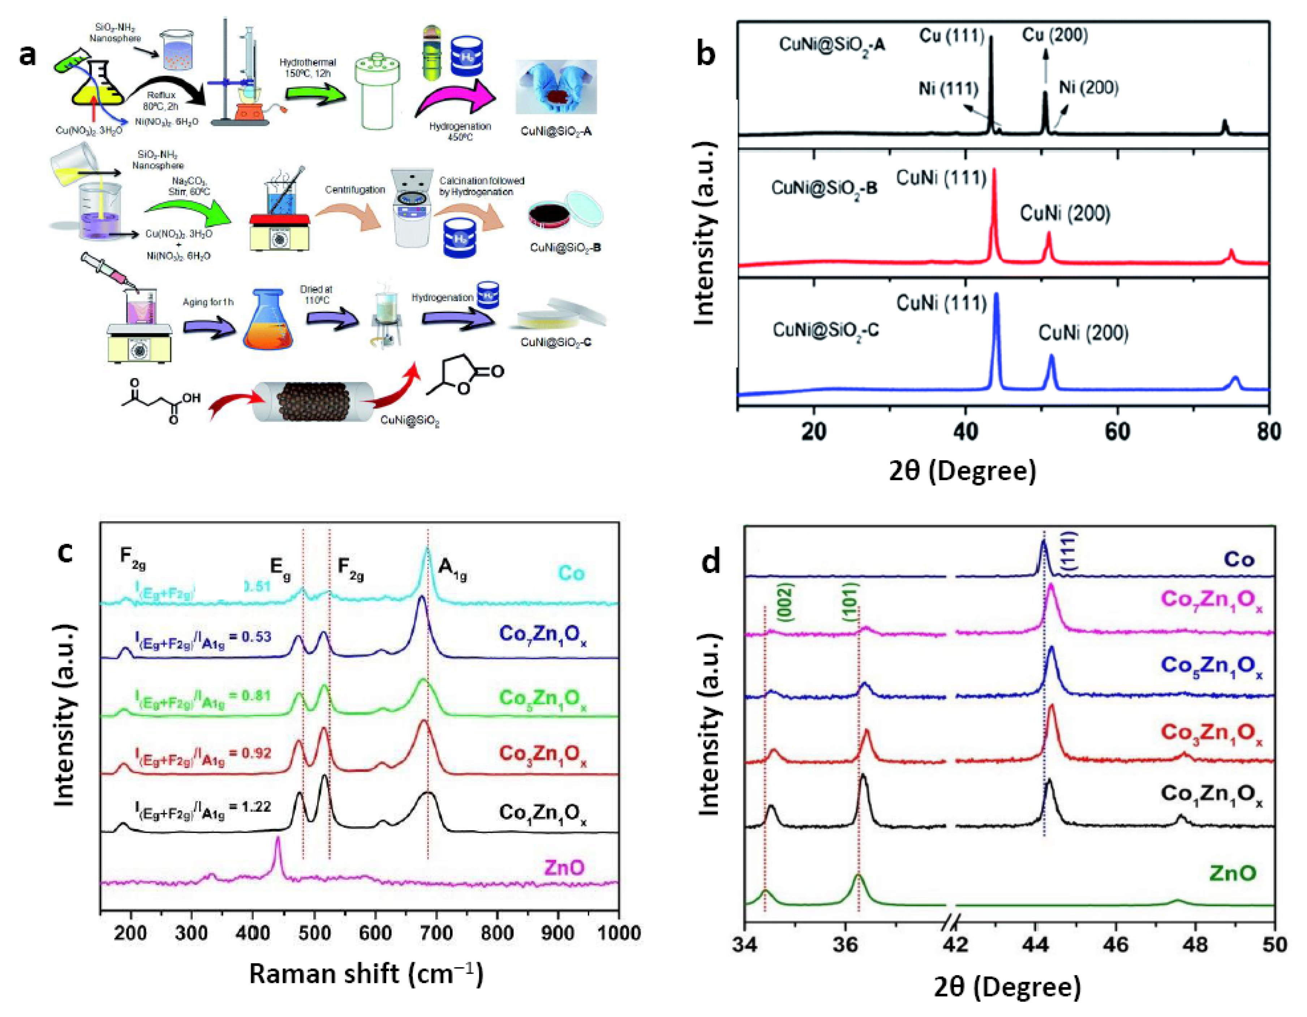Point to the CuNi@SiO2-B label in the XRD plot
(x=824, y=188)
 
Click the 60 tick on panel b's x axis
(x=1117, y=431)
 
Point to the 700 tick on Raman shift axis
(x=436, y=933)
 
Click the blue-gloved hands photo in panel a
(x=556, y=87)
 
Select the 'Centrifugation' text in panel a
(x=355, y=190)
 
